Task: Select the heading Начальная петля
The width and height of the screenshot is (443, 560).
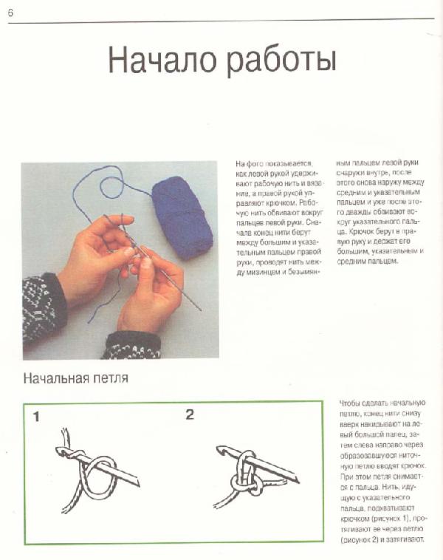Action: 75,380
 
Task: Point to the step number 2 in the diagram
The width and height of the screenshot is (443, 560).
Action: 190,414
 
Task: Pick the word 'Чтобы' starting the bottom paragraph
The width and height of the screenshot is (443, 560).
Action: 351,403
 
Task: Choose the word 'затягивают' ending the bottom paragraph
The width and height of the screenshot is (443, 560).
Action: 402,540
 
